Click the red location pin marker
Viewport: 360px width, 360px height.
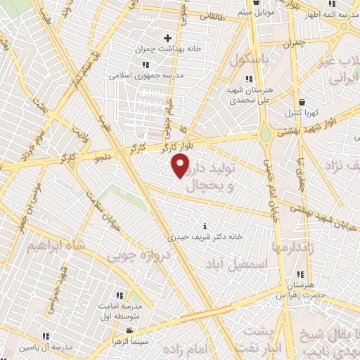[181, 166]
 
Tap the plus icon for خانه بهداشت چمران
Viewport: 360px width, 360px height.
[167, 38]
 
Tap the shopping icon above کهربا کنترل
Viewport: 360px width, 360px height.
[301, 101]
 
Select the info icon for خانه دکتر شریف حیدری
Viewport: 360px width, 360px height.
[205, 226]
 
